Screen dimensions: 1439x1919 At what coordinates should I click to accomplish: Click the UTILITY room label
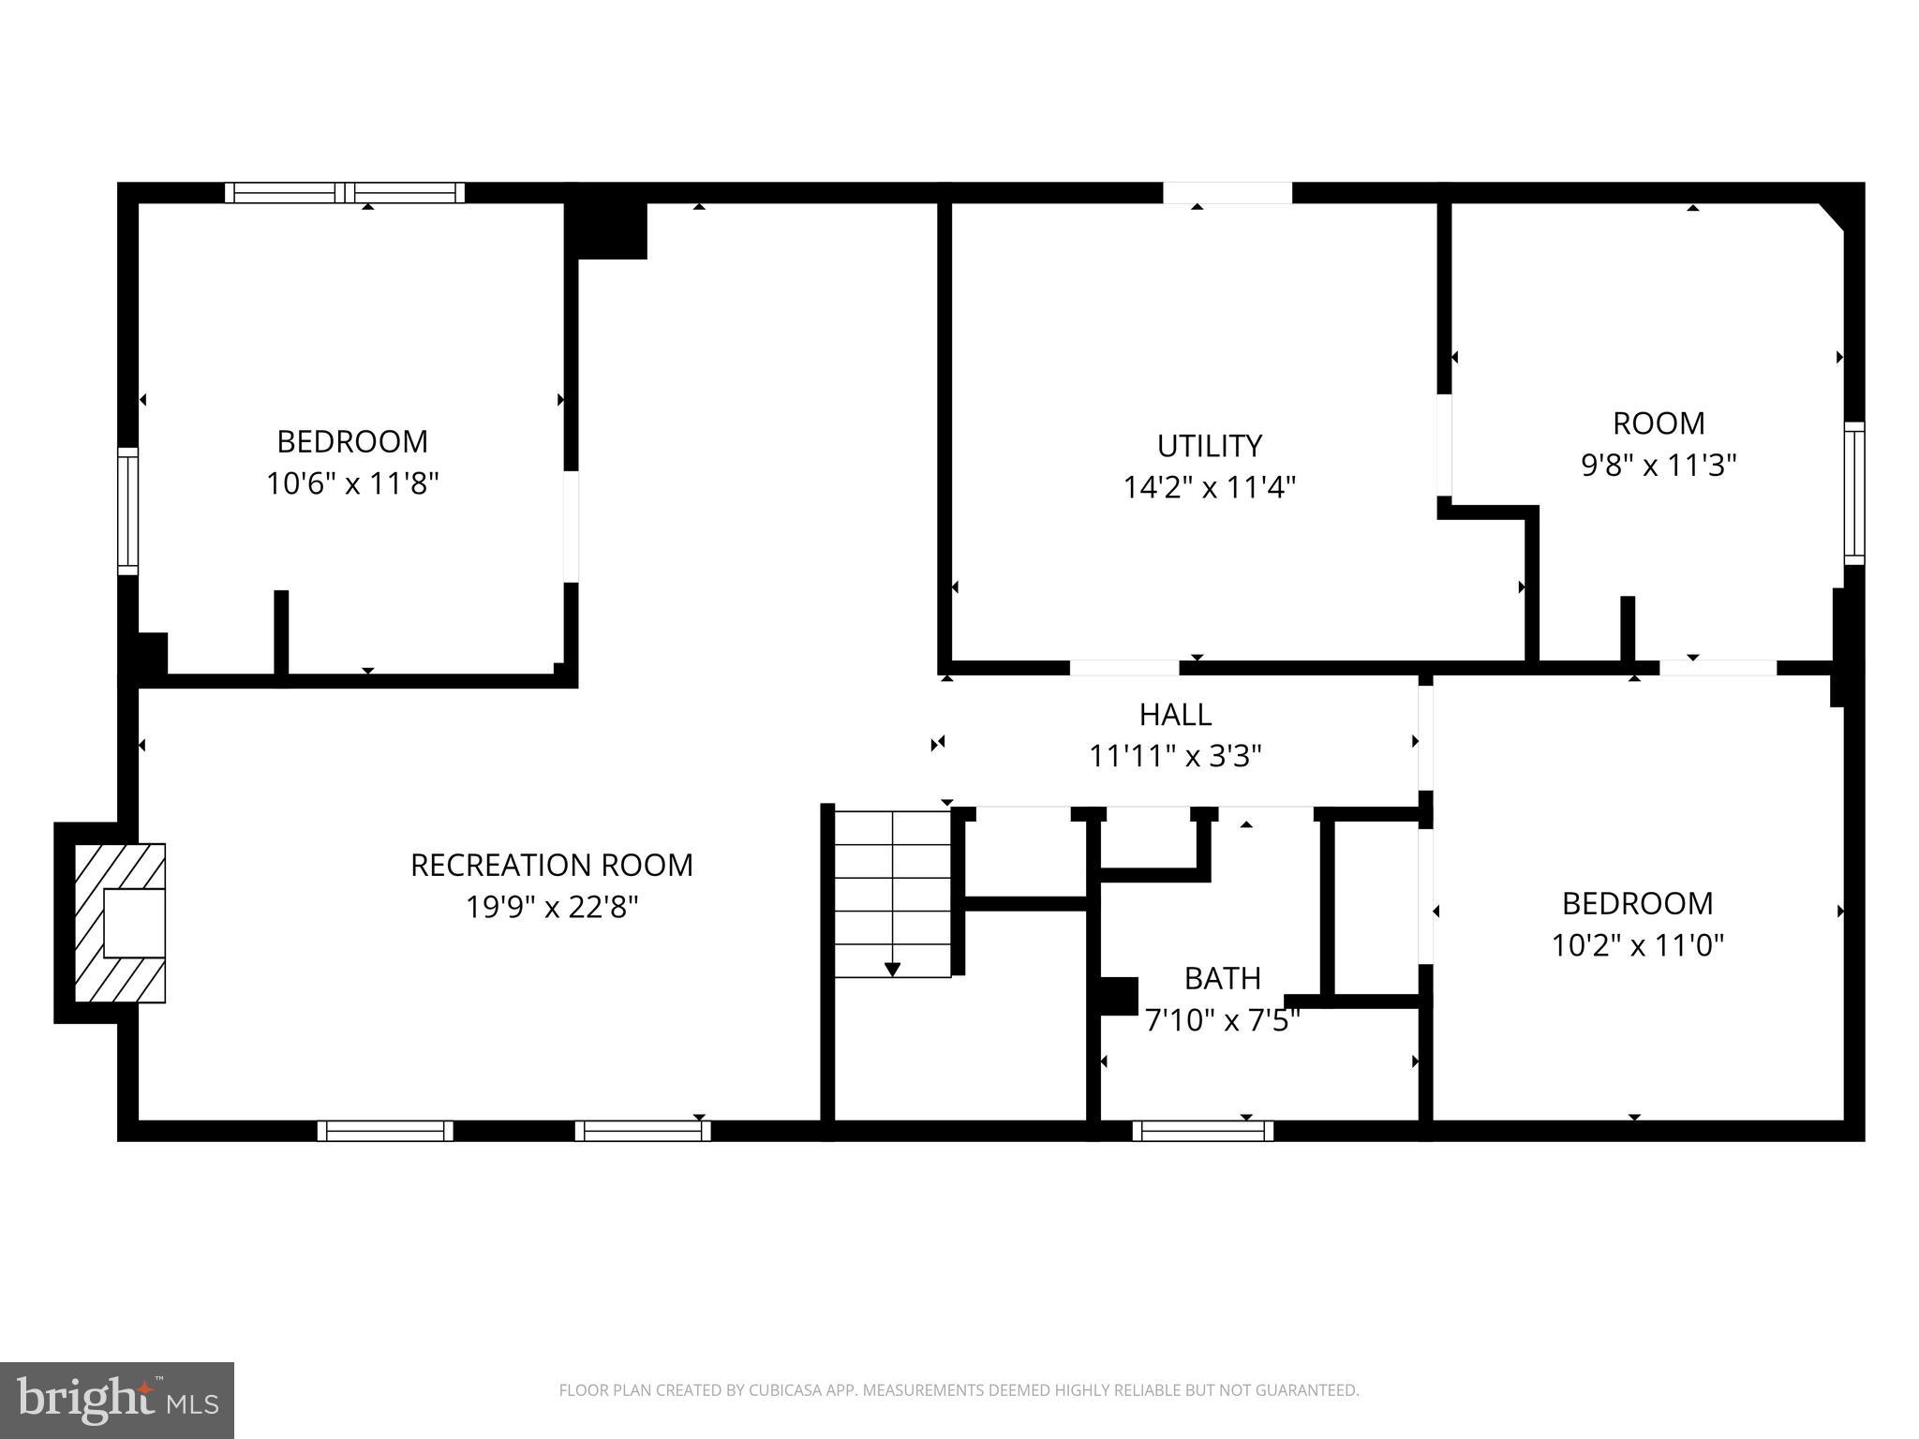[x=1209, y=445]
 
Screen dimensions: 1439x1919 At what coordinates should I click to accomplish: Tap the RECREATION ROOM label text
[x=551, y=865]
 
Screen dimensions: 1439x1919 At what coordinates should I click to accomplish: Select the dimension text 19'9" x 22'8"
[x=552, y=907]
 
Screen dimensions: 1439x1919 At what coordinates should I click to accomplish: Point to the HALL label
[x=1175, y=715]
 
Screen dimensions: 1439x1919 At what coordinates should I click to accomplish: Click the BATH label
[x=1222, y=978]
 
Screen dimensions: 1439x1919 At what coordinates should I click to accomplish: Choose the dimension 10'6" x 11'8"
[x=352, y=483]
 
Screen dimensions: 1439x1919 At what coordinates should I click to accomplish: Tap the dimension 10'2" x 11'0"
[x=1637, y=945]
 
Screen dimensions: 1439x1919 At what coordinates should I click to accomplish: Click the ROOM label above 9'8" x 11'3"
[x=1658, y=423]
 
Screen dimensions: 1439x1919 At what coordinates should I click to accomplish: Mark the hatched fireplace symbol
[x=120, y=923]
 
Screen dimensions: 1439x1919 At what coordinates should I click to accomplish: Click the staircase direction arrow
[x=892, y=969]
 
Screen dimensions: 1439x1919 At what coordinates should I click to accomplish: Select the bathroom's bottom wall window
[x=1202, y=1131]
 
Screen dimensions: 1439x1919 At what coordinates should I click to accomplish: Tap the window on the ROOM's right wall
[x=1853, y=493]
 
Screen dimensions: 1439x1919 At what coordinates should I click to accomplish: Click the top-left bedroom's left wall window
[x=127, y=511]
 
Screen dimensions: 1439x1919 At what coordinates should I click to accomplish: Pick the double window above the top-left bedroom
[x=345, y=193]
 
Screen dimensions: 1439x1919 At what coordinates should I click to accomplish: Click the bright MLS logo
[x=117, y=1400]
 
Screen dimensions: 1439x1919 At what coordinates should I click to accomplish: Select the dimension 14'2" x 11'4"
[x=1209, y=487]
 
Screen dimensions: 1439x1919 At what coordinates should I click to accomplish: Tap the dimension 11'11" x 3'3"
[x=1175, y=756]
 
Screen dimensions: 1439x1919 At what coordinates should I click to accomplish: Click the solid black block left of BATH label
[x=1118, y=996]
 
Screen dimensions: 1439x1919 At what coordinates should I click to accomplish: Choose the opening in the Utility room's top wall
[x=1227, y=193]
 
